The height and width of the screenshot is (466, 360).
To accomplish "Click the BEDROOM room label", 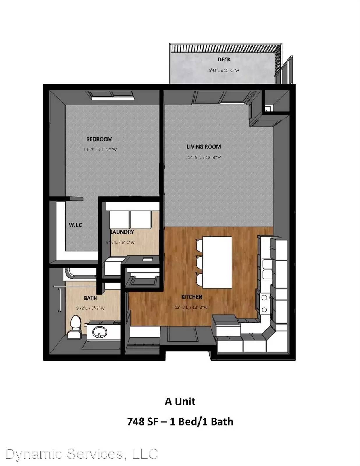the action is point(99,139).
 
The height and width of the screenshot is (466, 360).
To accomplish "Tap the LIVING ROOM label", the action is point(204,147).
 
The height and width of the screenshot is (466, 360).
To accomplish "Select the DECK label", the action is point(224,60).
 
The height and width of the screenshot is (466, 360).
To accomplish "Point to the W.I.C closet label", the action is point(75,225).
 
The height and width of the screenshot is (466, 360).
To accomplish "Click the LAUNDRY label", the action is point(122,232).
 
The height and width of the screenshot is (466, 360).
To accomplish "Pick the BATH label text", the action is point(90,298).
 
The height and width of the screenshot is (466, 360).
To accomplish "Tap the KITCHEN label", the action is point(192,297).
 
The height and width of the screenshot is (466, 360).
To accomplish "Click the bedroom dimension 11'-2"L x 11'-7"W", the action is point(100,150).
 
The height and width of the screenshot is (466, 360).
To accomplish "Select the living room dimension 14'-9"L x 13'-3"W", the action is point(204,157).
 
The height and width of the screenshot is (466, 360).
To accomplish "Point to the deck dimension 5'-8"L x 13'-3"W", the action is point(224,70).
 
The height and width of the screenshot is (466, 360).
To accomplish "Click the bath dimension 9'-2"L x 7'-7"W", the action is point(90,308).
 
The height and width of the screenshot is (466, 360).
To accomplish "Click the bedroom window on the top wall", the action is point(110,95).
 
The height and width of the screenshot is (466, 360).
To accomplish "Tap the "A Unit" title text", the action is point(180,401).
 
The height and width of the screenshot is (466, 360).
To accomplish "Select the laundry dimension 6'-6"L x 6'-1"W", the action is point(120,243).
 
